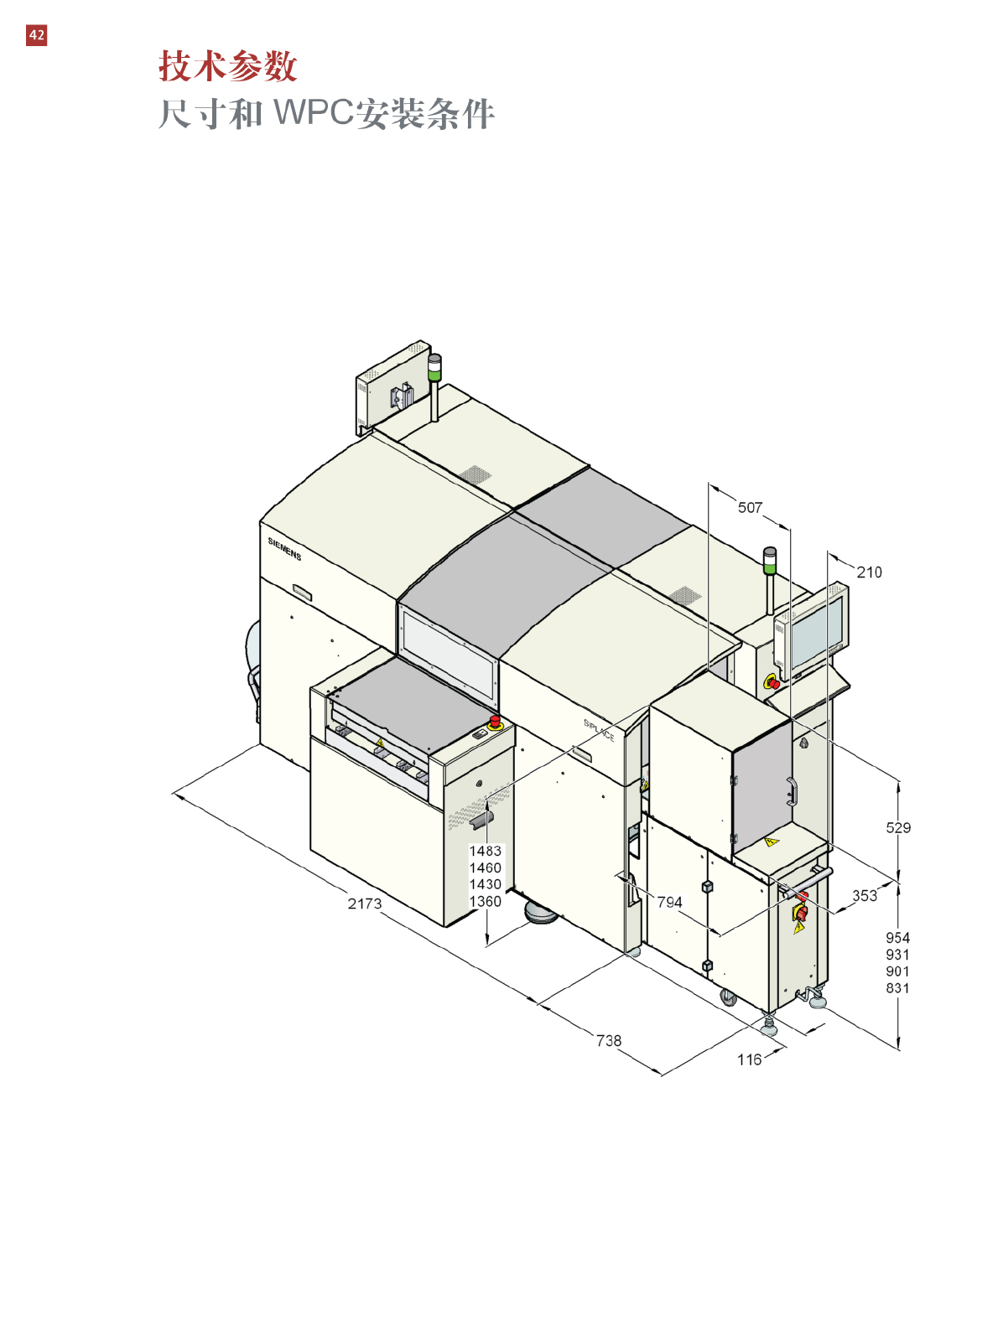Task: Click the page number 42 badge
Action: click(x=36, y=35)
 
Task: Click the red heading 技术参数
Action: click(x=228, y=66)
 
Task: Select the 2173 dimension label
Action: click(x=365, y=904)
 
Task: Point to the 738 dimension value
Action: click(x=609, y=1040)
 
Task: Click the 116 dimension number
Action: click(x=749, y=1059)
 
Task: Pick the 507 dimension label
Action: click(x=750, y=508)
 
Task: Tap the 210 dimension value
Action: click(x=870, y=572)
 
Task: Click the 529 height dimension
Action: click(x=898, y=827)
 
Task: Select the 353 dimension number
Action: click(x=865, y=896)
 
